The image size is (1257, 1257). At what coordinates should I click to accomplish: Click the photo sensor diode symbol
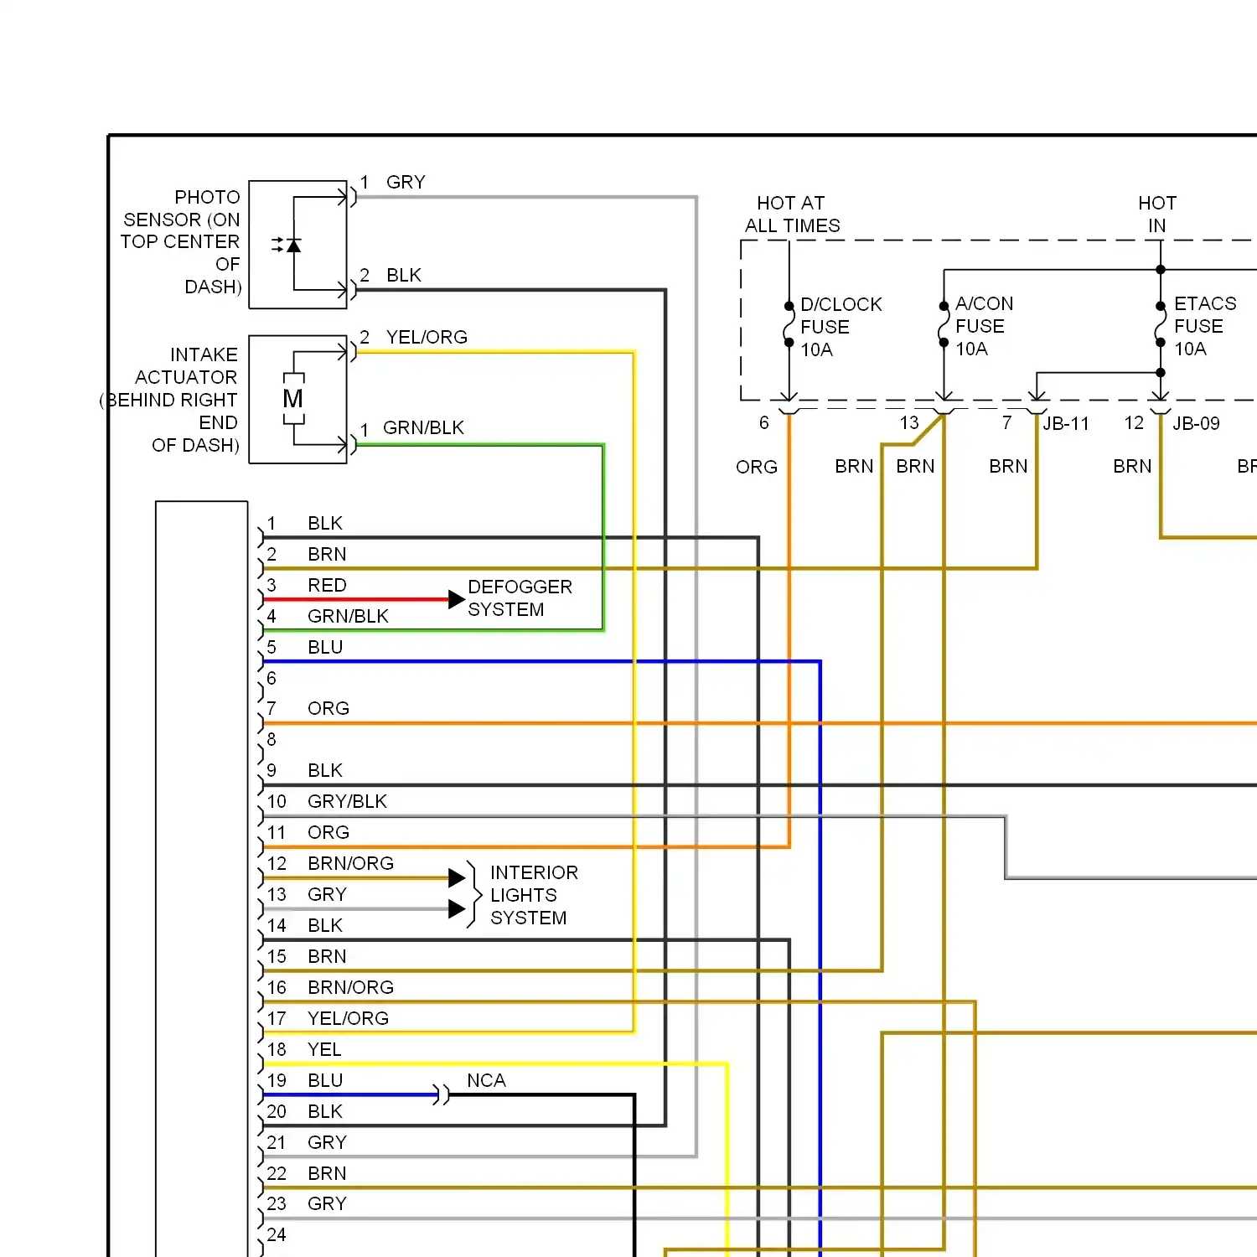click(292, 245)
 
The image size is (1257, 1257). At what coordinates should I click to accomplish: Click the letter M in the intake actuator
click(292, 399)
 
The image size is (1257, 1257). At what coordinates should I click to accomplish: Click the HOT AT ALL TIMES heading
click(792, 215)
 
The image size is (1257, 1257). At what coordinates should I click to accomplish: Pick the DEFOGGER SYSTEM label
click(520, 597)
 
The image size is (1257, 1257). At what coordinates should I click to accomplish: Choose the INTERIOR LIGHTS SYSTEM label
click(534, 895)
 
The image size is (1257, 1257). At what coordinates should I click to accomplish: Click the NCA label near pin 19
click(486, 1080)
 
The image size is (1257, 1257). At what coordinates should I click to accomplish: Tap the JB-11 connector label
click(1065, 423)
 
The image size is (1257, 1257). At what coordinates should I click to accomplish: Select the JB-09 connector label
click(1196, 423)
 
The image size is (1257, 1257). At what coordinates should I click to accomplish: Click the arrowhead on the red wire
click(457, 599)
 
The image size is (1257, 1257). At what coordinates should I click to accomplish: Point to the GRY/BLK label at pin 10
click(347, 801)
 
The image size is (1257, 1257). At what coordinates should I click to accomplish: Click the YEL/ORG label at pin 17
click(348, 1018)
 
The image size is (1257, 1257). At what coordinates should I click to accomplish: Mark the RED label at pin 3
click(327, 585)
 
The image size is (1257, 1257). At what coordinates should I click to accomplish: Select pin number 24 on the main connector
click(277, 1234)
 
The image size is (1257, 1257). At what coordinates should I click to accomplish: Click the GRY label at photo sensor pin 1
click(406, 182)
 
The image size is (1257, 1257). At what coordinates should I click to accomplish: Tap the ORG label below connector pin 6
click(757, 467)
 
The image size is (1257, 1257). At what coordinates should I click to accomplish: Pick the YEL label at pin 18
click(324, 1049)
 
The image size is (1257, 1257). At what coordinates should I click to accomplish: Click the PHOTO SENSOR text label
click(181, 241)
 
